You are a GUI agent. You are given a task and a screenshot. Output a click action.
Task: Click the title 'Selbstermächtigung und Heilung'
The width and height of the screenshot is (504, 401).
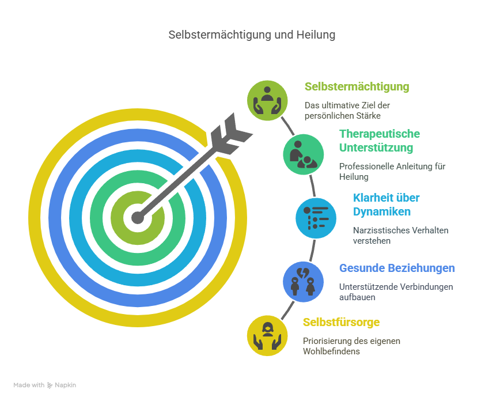252,35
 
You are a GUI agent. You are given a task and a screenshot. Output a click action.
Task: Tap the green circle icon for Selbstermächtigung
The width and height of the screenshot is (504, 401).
267,101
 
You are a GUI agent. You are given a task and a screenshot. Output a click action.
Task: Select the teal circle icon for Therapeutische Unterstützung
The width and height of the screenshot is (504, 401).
304,154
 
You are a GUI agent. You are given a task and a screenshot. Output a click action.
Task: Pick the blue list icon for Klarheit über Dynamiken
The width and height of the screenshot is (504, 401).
316,218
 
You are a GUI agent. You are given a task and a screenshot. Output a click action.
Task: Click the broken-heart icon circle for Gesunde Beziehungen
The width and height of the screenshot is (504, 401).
304,282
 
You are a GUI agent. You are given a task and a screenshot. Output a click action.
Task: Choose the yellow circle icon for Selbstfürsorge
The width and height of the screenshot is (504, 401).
267,336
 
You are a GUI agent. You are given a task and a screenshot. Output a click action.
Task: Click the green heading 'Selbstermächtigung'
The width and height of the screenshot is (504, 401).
357,87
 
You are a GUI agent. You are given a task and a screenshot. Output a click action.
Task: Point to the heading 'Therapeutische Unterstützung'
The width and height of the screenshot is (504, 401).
380,141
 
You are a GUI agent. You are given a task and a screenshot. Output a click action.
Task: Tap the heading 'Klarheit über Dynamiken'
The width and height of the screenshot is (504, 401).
386,205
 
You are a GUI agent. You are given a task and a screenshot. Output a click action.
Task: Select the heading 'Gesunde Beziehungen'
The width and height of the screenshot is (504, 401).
397,268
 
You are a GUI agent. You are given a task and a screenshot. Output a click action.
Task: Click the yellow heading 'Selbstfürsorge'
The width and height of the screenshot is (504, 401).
342,322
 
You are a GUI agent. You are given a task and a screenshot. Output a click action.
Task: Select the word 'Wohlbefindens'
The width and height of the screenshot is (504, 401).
331,351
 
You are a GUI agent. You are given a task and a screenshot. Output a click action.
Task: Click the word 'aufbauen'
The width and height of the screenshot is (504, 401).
357,297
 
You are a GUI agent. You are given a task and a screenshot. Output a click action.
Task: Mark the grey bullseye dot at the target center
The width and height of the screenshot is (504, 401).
138,218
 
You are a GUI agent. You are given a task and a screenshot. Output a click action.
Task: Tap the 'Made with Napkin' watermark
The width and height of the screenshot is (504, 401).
45,385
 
